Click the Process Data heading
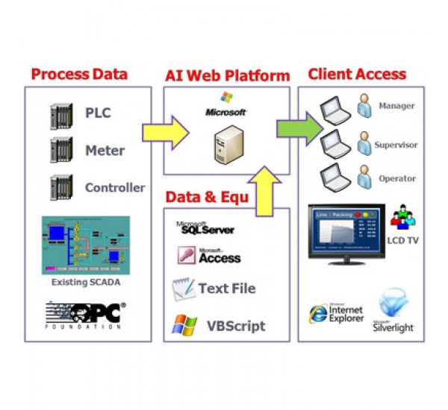pyautogui.click(x=79, y=74)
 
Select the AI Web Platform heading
pyautogui.click(x=226, y=75)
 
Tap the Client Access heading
pyautogui.click(x=357, y=74)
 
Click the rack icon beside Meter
pyautogui.click(x=60, y=151)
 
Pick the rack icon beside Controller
pyautogui.click(x=60, y=186)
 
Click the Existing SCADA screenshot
pyautogui.click(x=84, y=245)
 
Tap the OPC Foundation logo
pyautogui.click(x=84, y=315)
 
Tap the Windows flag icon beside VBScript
pyautogui.click(x=182, y=325)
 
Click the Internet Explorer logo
pyautogui.click(x=320, y=313)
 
